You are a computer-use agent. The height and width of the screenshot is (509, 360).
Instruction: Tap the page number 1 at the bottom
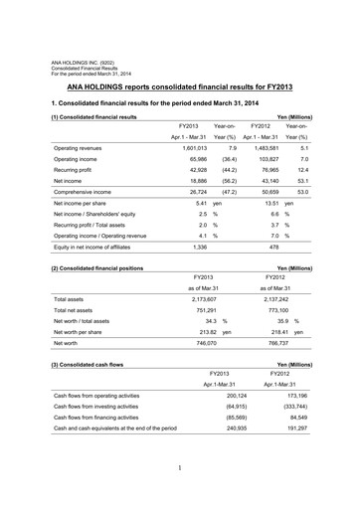pos(180,494)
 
